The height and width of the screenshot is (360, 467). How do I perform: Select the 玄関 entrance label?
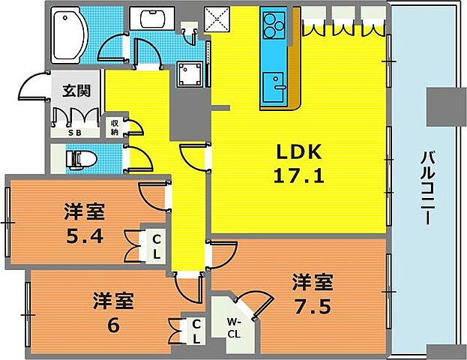point(76,91)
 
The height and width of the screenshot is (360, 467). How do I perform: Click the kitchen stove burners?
point(274,26)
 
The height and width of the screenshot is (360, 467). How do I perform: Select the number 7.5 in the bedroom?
point(312,306)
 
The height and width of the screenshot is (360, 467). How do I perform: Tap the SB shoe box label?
point(76,132)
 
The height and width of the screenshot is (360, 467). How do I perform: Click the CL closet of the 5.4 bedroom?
point(157,246)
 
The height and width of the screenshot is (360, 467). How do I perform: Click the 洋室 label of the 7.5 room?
point(312,283)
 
